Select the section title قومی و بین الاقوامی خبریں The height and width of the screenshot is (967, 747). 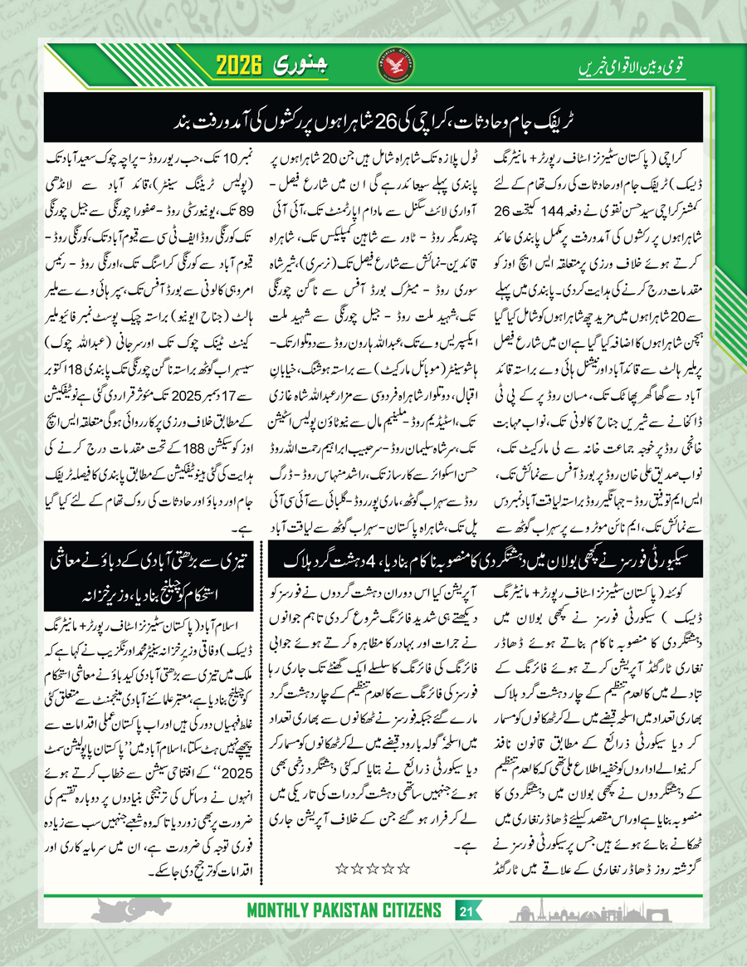630,66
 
